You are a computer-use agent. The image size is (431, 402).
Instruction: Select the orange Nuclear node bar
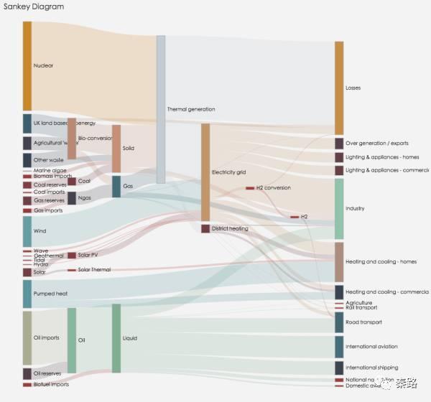pos(27,66)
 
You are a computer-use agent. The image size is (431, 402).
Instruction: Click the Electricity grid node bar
pos(205,172)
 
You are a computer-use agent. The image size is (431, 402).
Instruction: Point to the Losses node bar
pos(339,88)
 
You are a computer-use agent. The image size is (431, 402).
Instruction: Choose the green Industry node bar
pos(339,209)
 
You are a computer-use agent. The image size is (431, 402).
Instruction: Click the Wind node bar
pos(27,231)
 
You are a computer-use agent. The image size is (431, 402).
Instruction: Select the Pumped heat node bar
pos(27,294)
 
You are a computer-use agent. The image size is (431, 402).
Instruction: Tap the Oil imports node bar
pos(27,337)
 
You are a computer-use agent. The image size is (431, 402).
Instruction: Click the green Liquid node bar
pos(116,338)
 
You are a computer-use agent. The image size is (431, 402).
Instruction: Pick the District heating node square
pos(205,229)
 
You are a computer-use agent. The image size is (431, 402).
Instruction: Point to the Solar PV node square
pos(72,256)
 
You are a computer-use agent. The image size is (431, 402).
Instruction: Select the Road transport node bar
pos(339,322)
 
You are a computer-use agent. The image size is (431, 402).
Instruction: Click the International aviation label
pos(373,347)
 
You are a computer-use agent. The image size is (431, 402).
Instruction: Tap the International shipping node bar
pos(339,368)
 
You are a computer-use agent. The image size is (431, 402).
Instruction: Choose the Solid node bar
pos(116,149)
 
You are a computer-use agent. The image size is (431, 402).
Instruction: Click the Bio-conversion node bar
pos(72,138)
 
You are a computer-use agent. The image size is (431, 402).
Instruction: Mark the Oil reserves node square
pos(27,373)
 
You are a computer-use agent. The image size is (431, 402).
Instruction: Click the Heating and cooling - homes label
pos(381,262)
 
